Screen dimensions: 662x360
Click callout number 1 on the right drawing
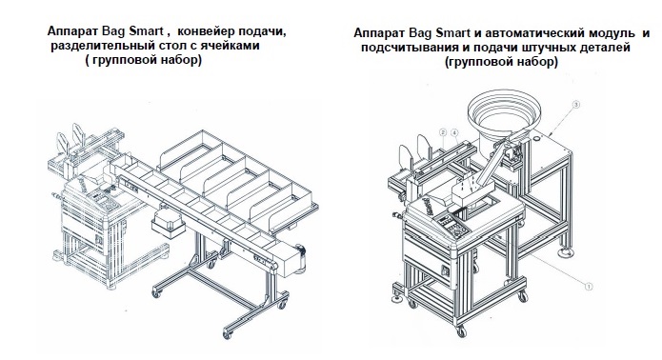589,286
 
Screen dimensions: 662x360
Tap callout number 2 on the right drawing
443,132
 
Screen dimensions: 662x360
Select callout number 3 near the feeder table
576,104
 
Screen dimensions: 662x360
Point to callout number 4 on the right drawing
454,132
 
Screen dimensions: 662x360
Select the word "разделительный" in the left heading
100,46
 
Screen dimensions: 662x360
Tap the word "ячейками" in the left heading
231,46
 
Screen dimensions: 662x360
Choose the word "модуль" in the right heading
608,32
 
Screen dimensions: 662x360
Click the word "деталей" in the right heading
604,48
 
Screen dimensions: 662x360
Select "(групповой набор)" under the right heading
501,62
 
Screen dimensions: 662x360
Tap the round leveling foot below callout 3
566,252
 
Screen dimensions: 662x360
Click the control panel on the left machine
105,203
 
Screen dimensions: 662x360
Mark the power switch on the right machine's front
445,270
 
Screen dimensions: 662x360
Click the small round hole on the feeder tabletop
537,137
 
